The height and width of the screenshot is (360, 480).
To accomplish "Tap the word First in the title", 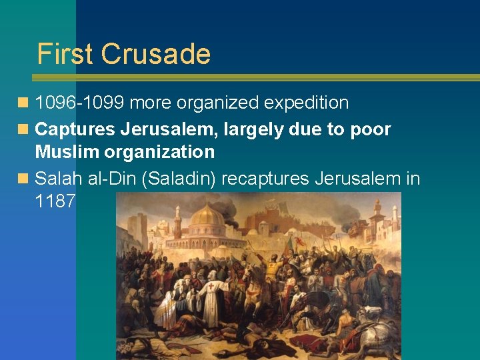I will pyautogui.click(x=65, y=54).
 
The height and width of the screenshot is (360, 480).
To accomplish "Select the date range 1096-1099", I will pyautogui.click(x=80, y=103).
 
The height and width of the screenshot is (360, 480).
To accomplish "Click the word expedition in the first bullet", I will pyautogui.click(x=306, y=103).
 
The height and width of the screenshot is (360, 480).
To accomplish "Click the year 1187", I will pyautogui.click(x=55, y=201).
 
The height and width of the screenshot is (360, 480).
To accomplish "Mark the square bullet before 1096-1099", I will pyautogui.click(x=24, y=103).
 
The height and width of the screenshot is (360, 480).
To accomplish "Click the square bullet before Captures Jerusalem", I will pyautogui.click(x=24, y=129).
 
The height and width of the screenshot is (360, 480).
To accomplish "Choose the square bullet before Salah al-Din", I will pyautogui.click(x=24, y=179).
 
